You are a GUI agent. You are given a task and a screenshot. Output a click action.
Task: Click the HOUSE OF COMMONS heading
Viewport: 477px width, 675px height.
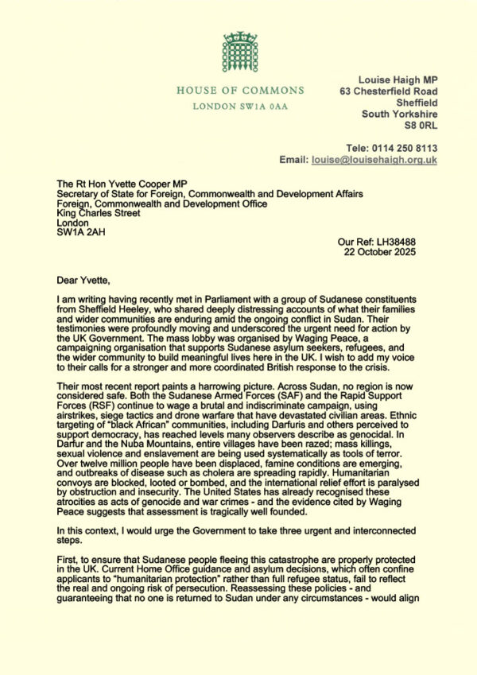coord(239,90)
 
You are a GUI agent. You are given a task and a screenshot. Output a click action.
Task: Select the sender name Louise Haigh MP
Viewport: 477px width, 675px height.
coord(397,80)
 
